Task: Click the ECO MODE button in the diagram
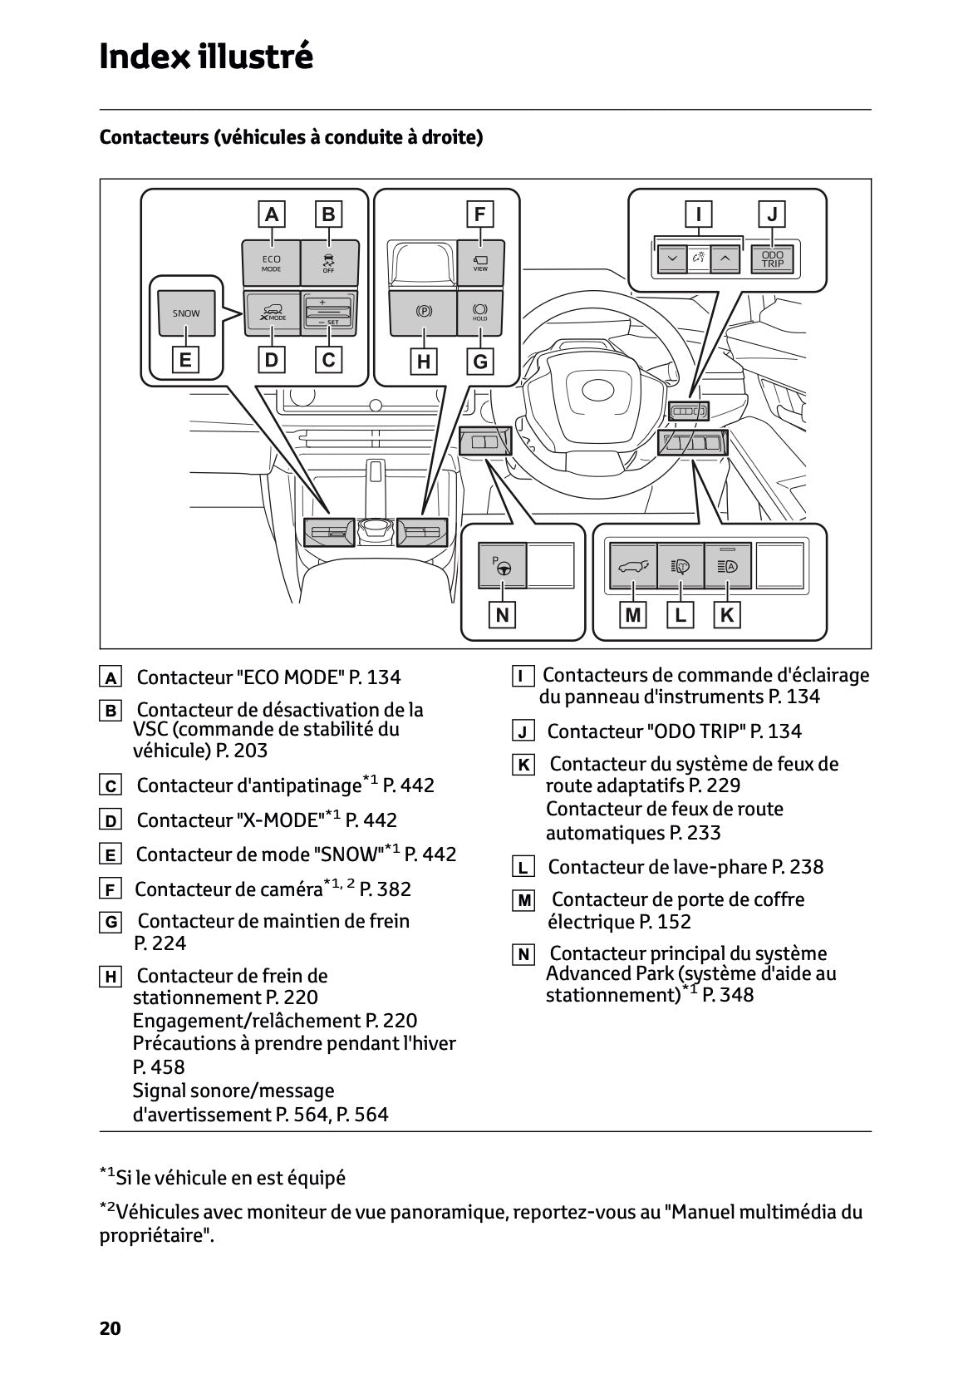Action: [x=271, y=263]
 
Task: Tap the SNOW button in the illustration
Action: [x=186, y=313]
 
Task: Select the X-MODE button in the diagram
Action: [x=272, y=313]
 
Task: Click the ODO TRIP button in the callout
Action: [x=772, y=259]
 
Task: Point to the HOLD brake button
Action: [x=480, y=313]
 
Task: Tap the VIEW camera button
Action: [x=480, y=262]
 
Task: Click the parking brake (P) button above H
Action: [x=424, y=313]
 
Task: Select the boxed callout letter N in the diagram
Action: [x=502, y=615]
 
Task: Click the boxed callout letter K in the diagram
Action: [x=727, y=615]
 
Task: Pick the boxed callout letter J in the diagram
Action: [x=773, y=214]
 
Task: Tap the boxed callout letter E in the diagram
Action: [x=185, y=360]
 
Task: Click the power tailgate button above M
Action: [x=633, y=567]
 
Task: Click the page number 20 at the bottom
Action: [x=110, y=1328]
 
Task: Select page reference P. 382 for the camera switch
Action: [x=385, y=889]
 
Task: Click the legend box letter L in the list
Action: [x=522, y=869]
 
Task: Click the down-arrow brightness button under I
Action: [x=671, y=259]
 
